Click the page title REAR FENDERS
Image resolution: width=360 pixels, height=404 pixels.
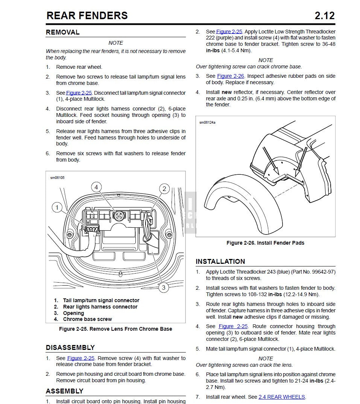click(x=87, y=15)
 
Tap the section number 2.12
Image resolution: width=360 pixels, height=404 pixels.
click(x=324, y=15)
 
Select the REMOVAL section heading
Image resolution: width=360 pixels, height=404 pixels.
click(x=62, y=32)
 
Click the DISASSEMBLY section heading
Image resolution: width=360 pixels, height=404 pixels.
click(x=70, y=347)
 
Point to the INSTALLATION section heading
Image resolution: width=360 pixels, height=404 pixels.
click(x=220, y=262)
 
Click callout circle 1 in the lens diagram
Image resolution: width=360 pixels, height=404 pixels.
click(x=57, y=207)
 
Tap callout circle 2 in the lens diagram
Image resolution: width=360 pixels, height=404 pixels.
click(x=164, y=189)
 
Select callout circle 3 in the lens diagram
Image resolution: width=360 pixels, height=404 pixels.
click(x=163, y=287)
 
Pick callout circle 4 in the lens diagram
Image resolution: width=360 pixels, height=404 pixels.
click(x=96, y=187)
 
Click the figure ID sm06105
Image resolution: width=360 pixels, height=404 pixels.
click(x=57, y=177)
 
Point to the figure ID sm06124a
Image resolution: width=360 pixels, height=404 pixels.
click(x=208, y=122)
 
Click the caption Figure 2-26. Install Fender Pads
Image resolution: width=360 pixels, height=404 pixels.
click(x=265, y=243)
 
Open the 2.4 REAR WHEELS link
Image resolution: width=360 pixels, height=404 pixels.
click(x=282, y=397)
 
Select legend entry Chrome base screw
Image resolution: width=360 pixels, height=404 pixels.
click(x=87, y=319)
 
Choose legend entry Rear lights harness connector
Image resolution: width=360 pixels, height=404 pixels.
click(x=100, y=307)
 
